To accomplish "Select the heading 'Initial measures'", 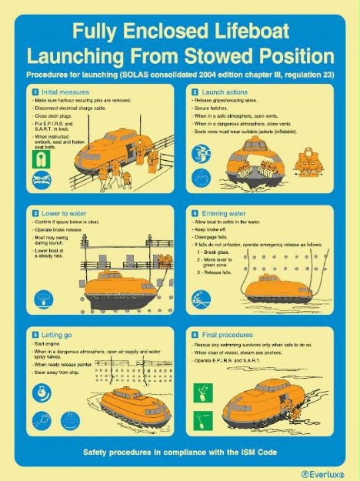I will [56, 92].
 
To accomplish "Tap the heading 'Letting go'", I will [49, 334].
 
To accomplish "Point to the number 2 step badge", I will [195, 92].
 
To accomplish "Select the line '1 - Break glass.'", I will [220, 251].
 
